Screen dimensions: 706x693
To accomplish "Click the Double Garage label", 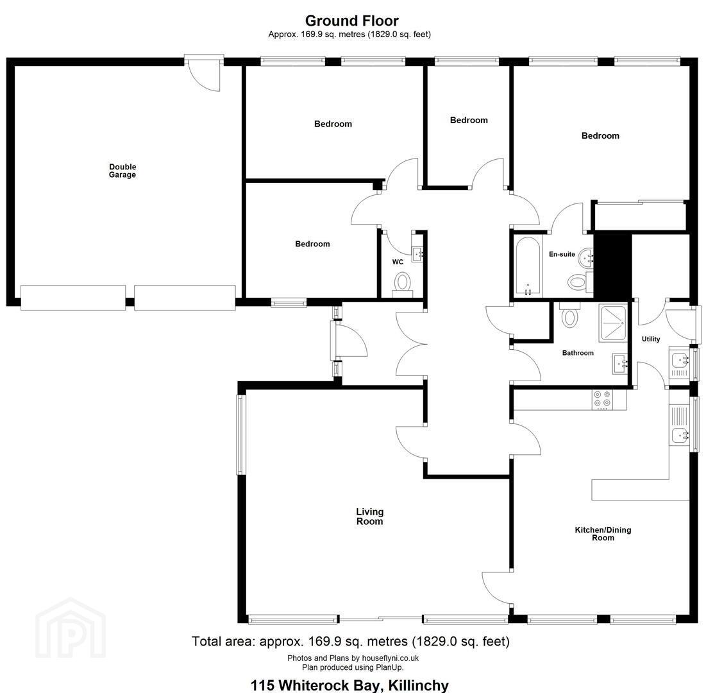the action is click(122, 171).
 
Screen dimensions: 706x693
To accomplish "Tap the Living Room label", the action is click(369, 517).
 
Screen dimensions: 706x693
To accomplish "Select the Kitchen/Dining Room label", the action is click(603, 533).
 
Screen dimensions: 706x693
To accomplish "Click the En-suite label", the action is click(562, 254).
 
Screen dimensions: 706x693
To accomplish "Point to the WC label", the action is click(398, 262).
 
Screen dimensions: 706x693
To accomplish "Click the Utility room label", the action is click(651, 339).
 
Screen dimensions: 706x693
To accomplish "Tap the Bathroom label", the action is click(578, 353).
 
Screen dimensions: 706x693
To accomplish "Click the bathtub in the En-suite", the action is click(528, 266).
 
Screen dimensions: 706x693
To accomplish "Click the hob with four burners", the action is click(603, 398).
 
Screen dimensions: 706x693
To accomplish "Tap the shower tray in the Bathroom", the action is click(612, 323).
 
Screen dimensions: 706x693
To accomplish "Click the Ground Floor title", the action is click(351, 21).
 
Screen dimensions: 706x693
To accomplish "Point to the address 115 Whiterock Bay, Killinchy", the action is click(350, 685).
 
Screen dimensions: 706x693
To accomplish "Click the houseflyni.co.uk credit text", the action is click(353, 658).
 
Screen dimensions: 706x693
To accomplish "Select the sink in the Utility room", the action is click(680, 361).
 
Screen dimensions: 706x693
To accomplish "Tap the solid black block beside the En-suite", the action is click(612, 266).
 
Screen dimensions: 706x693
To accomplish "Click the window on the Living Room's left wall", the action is click(241, 434).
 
